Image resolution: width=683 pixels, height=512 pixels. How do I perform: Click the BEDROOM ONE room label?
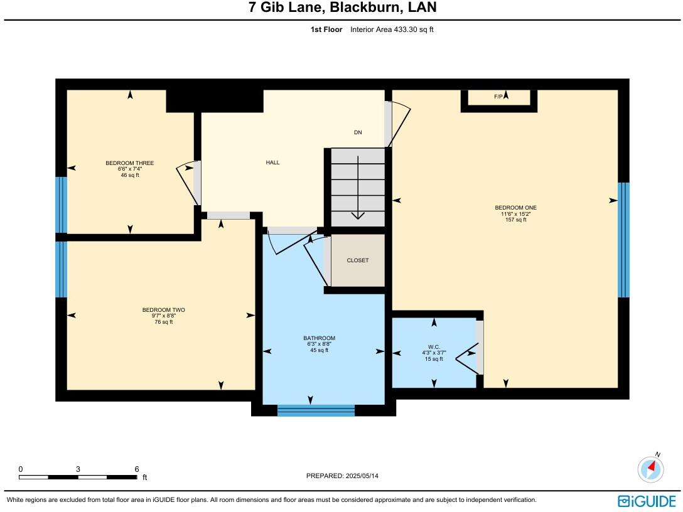pos(515,208)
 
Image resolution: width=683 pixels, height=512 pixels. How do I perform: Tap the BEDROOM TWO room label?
pos(163,310)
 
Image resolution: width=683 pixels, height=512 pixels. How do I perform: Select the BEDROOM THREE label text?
pos(129,163)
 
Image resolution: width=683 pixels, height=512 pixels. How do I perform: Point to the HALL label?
pos(272,163)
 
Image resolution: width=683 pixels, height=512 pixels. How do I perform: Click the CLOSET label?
pos(358,260)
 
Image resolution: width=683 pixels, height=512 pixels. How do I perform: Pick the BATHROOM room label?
pos(319,338)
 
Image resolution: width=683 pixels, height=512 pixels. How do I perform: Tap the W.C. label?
pos(433,347)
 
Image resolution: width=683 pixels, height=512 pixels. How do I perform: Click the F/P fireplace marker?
pos(498,97)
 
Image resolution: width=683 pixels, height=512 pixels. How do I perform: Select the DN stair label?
pos(358,132)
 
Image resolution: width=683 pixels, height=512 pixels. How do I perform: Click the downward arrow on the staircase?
pos(358,213)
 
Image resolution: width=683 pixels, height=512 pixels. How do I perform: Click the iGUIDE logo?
pos(647,501)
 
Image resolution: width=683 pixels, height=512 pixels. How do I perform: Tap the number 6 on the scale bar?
pos(136,469)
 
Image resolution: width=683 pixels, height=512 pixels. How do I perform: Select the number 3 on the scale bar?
pos(78,469)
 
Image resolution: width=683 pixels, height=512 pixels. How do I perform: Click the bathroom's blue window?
pos(316,410)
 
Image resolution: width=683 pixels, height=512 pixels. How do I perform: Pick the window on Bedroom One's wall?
pos(623,240)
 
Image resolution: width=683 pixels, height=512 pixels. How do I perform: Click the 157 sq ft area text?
pos(515,220)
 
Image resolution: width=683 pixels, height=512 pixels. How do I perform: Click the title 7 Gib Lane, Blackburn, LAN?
pos(342,8)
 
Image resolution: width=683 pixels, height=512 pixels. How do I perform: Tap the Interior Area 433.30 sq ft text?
pos(392,29)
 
